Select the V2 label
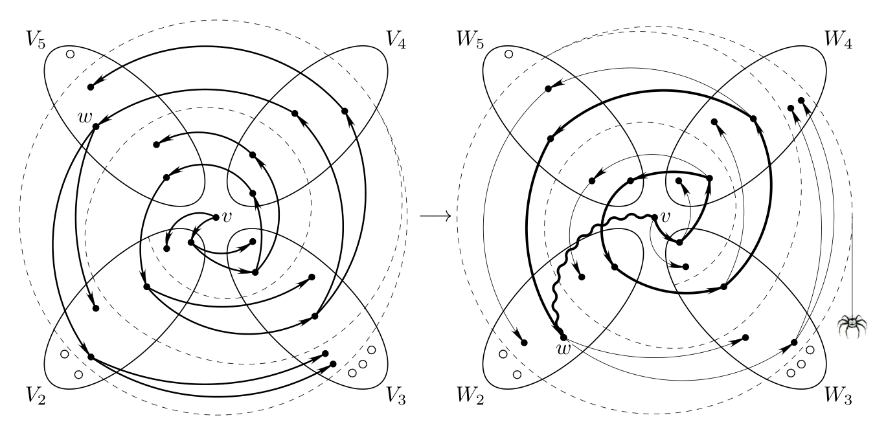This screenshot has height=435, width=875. (x=36, y=395)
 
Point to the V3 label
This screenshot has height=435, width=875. (x=396, y=395)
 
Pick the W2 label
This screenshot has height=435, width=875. (x=470, y=395)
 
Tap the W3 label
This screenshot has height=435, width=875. (x=838, y=395)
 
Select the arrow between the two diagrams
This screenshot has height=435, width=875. (x=435, y=216)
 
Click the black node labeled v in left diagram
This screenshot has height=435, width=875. (x=216, y=217)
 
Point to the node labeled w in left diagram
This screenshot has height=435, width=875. (x=96, y=126)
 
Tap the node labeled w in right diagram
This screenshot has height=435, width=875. (x=563, y=337)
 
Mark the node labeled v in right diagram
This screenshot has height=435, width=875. (x=655, y=217)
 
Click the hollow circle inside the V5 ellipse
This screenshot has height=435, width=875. (x=71, y=54)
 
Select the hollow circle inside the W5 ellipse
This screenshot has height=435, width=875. (x=508, y=54)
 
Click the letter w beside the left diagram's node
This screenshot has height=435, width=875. (x=85, y=117)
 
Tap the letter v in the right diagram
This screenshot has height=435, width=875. (x=665, y=217)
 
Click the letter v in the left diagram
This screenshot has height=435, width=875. (x=227, y=217)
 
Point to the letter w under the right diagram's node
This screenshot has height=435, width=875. (x=564, y=348)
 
